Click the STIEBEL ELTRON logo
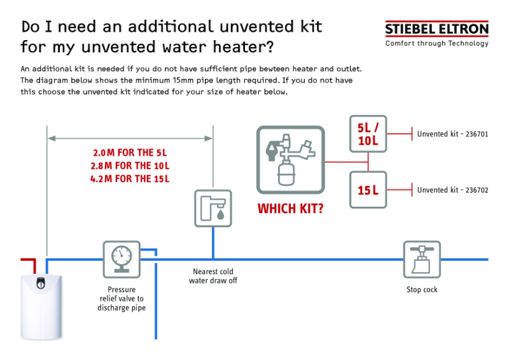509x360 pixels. tap(436, 29)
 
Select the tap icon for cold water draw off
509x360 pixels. tap(213, 208)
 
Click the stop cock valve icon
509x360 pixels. tap(422, 259)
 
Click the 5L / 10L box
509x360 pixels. tap(368, 134)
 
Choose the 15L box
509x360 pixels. tap(368, 190)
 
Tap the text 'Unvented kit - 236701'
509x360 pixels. tap(452, 134)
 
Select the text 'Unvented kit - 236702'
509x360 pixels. tap(452, 190)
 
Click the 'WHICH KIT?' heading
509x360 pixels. tap(290, 209)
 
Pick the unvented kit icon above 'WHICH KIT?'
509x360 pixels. tap(290, 160)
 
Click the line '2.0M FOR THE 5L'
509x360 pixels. tap(130, 153)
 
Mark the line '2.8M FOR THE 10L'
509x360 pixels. tap(130, 166)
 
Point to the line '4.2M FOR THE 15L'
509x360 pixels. tap(130, 179)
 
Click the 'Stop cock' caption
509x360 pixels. tap(422, 290)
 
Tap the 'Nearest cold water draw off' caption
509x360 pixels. tap(213, 276)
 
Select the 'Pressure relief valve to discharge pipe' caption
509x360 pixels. tap(121, 299)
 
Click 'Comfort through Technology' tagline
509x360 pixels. tap(436, 44)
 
